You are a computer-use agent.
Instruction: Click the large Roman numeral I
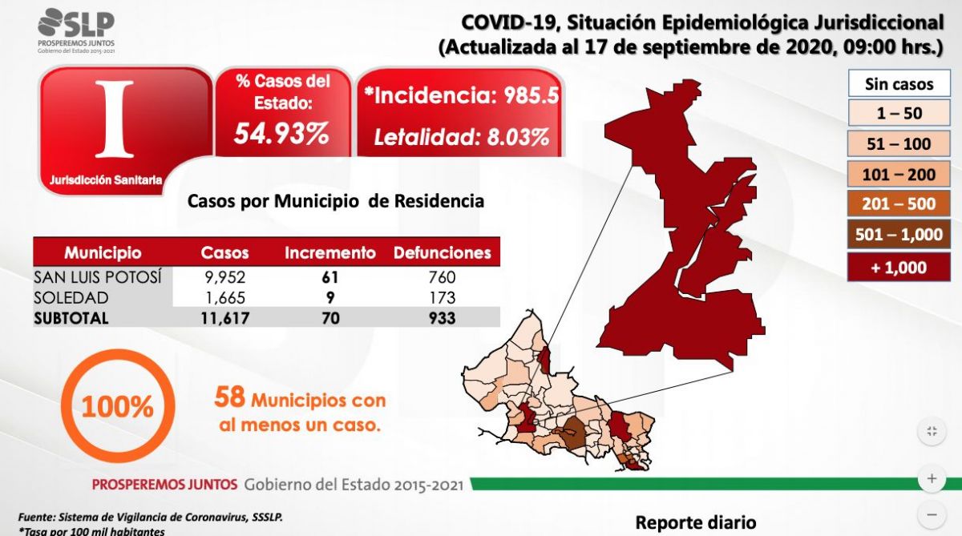coord(115,119)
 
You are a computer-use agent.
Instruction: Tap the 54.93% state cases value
coord(281,134)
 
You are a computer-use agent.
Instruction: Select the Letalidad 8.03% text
coord(462,137)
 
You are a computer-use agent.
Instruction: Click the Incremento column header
coord(330,253)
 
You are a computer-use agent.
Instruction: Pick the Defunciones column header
coord(442,253)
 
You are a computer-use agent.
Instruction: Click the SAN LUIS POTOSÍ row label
coord(97,277)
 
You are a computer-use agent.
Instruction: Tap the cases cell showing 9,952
coord(224,277)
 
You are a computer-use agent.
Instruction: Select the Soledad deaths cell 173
coord(442,297)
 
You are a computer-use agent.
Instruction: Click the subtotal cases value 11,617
coord(224,318)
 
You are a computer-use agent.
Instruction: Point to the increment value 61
coord(330,277)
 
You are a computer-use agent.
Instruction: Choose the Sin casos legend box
coord(899,83)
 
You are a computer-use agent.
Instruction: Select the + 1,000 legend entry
coord(899,267)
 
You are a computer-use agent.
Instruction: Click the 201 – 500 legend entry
coord(899,204)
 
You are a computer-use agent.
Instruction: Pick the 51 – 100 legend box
coord(899,144)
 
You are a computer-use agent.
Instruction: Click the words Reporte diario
coord(695,522)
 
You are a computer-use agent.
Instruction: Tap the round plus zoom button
coord(932,478)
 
